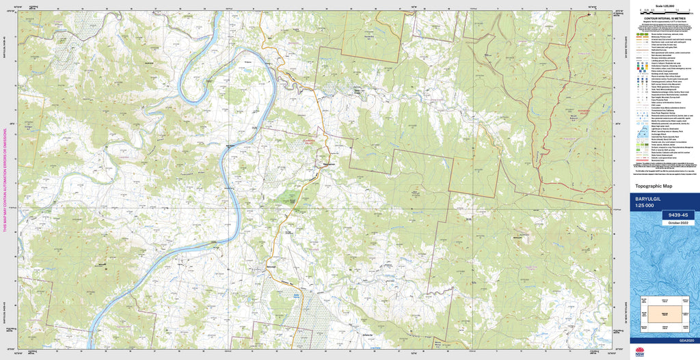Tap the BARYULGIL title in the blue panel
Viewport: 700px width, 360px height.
650,199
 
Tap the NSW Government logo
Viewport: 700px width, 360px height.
640,352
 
